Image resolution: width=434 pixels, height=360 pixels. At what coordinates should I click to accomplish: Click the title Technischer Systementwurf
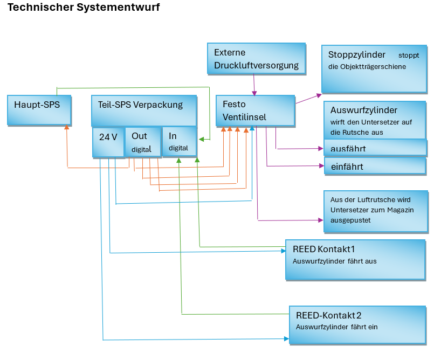click(x=84, y=8)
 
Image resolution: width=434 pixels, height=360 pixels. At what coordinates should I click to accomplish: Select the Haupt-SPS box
click(x=39, y=109)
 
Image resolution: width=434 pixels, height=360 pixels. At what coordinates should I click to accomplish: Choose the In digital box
click(x=179, y=141)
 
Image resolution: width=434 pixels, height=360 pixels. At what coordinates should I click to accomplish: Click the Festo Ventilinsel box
click(x=255, y=111)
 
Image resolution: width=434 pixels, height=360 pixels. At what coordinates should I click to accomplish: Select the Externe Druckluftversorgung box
click(x=256, y=59)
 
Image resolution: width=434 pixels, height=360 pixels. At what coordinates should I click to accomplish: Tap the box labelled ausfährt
click(x=375, y=148)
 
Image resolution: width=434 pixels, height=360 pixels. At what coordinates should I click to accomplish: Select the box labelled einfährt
click(x=375, y=167)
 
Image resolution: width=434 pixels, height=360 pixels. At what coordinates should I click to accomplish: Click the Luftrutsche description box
click(x=376, y=211)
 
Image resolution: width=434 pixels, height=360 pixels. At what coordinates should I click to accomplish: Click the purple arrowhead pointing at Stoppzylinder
click(x=318, y=94)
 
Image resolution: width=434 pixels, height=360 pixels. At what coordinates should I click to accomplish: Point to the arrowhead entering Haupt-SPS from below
click(x=67, y=128)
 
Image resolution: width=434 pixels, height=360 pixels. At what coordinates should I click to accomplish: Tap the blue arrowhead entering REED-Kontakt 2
click(x=286, y=339)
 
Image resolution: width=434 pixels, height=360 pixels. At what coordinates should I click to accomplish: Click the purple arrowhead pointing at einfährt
click(x=320, y=166)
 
